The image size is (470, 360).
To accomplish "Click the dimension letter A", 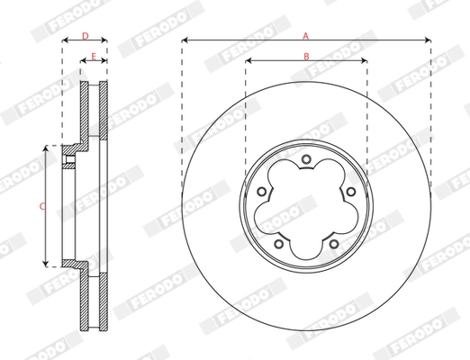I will (x=306, y=35).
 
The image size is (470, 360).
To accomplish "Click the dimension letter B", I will (x=306, y=56).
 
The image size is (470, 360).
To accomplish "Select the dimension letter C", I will (x=41, y=206).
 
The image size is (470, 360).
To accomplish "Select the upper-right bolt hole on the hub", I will (x=349, y=191).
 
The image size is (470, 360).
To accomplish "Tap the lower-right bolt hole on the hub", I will (x=333, y=242).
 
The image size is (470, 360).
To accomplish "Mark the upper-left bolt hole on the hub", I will (x=263, y=191).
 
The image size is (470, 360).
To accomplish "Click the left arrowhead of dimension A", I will (x=185, y=40).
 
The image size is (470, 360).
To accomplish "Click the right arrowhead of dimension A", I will (x=428, y=40).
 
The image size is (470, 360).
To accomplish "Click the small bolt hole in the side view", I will (x=68, y=161).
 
